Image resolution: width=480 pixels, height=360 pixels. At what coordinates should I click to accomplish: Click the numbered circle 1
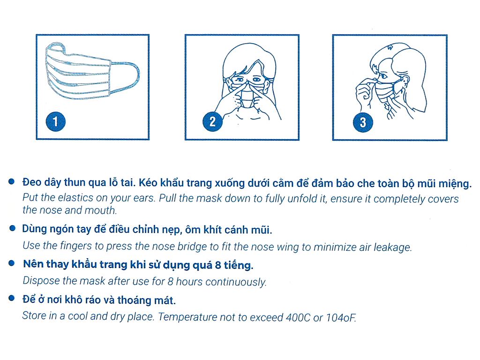point(55,121)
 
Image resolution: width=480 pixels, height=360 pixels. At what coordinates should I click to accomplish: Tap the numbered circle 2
point(212,121)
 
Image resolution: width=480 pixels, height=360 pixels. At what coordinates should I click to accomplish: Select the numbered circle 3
point(363,122)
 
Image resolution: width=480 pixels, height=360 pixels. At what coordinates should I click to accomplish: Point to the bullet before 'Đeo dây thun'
point(12,181)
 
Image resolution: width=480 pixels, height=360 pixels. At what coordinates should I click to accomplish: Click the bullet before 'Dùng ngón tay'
point(13,228)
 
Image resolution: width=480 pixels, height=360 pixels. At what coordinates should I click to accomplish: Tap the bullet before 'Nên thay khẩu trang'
point(12,263)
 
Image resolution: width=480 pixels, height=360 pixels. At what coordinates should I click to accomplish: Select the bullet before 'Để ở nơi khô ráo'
point(12,298)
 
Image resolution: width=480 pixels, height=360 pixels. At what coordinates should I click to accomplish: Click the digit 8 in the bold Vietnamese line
point(218,265)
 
